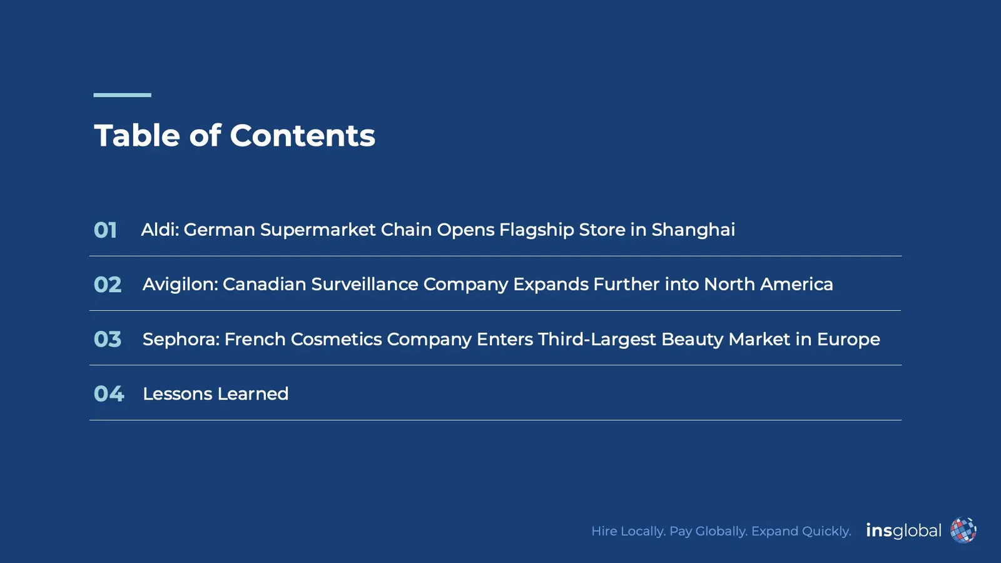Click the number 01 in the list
pyautogui.click(x=105, y=230)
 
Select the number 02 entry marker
pyautogui.click(x=107, y=285)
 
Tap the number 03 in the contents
pyautogui.click(x=107, y=339)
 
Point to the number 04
pyautogui.click(x=108, y=393)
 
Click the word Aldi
pyautogui.click(x=160, y=230)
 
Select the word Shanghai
pyautogui.click(x=693, y=230)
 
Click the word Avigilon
pyautogui.click(x=180, y=285)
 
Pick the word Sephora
pyautogui.click(x=181, y=340)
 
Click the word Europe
pyautogui.click(x=848, y=339)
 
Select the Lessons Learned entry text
pyautogui.click(x=215, y=393)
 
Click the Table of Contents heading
pyautogui.click(x=235, y=136)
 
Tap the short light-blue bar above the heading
pyautogui.click(x=122, y=95)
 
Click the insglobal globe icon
pyautogui.click(x=963, y=530)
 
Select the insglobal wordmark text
pyautogui.click(x=903, y=530)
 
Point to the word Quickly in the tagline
pyautogui.click(x=826, y=531)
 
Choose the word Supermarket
pyautogui.click(x=318, y=230)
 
